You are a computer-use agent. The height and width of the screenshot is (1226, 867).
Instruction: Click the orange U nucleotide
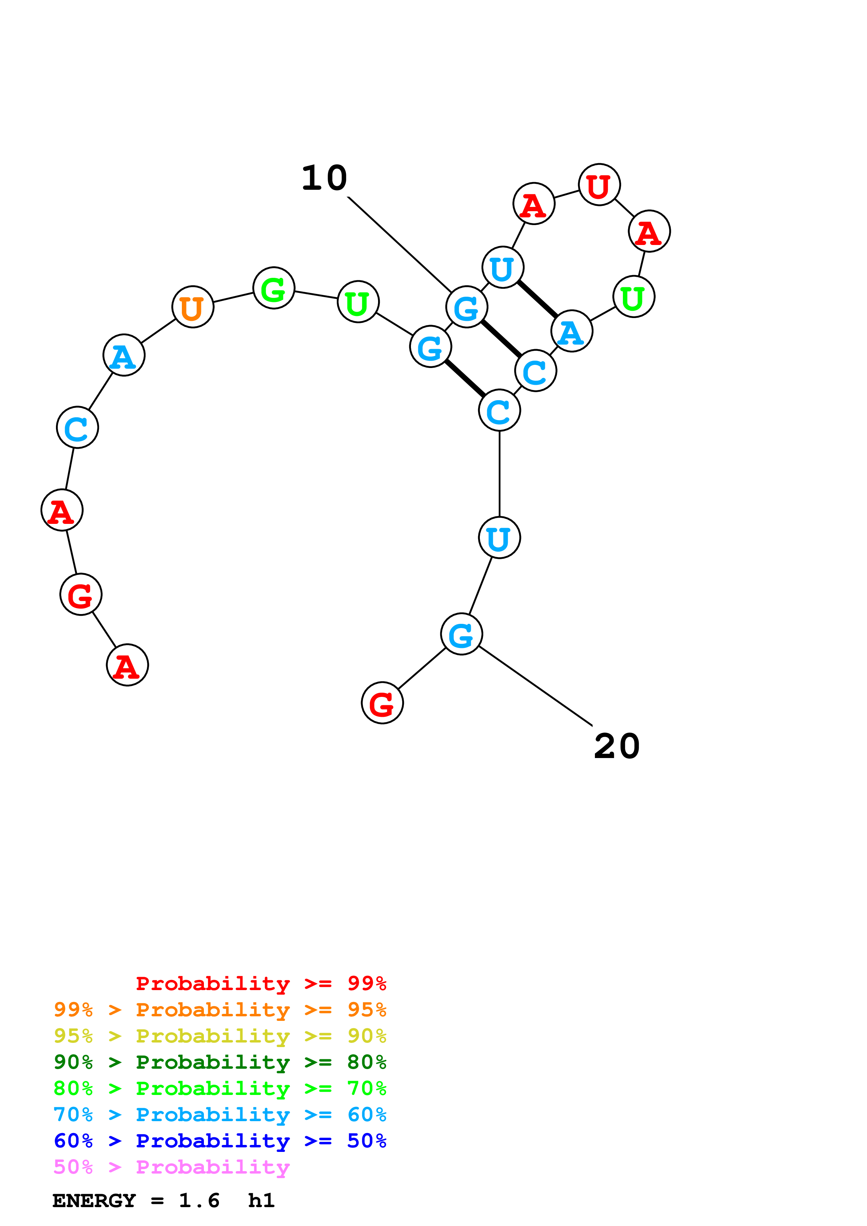coord(193,307)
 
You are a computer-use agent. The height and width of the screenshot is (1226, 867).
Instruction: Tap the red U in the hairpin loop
coord(599,185)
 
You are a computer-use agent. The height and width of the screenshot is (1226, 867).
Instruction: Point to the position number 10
coord(324,178)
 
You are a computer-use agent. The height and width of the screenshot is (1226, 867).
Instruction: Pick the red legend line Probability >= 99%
coord(261,983)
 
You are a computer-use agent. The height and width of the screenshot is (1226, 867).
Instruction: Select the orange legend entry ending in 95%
coord(220,1009)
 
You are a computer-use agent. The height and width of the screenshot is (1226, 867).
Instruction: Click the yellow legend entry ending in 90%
coord(220,1036)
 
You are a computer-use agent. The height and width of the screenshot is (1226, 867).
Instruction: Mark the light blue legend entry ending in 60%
coord(220,1115)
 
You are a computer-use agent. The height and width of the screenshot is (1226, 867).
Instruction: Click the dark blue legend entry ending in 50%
coord(220,1141)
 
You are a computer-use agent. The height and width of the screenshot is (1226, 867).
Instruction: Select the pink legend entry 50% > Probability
coord(171,1167)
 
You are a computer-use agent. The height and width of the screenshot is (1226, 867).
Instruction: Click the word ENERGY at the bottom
coord(94,1201)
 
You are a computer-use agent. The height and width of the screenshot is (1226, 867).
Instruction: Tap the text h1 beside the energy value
coord(261,1201)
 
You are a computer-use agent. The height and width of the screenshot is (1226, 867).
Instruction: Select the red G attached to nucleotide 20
coord(383,703)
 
